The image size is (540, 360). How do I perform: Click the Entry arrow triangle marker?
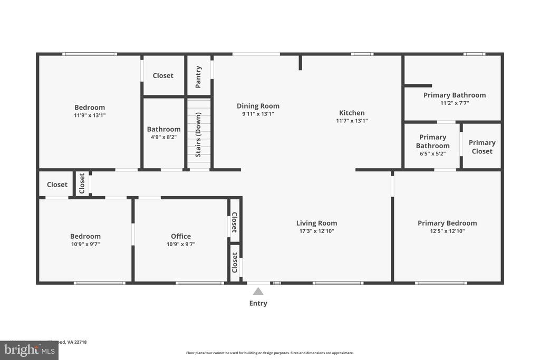(x=258, y=291)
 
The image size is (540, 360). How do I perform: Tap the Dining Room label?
(x=258, y=106)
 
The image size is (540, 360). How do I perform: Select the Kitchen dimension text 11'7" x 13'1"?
(x=352, y=121)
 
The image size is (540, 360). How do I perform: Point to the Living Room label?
(x=316, y=223)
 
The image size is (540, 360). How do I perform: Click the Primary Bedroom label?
(x=447, y=223)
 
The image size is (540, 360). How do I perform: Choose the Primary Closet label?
(x=482, y=147)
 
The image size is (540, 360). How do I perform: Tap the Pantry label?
(x=199, y=76)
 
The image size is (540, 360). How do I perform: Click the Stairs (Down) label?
(x=198, y=134)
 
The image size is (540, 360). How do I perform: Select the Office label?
(x=181, y=236)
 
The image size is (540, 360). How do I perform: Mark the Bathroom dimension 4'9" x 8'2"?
(x=163, y=137)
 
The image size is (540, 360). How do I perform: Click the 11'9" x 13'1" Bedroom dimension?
(x=90, y=115)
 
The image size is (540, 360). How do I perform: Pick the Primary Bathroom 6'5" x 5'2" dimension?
(x=432, y=154)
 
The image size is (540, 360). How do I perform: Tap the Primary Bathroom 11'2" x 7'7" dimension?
(x=455, y=103)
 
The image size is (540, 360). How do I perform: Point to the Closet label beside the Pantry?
(x=163, y=75)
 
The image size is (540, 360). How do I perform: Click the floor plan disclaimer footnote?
(x=269, y=353)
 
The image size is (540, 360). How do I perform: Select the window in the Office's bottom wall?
(x=200, y=283)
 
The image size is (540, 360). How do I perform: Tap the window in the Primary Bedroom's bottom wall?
(x=441, y=283)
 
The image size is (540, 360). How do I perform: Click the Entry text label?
(x=258, y=303)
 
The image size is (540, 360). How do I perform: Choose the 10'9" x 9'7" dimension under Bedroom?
(x=85, y=244)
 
